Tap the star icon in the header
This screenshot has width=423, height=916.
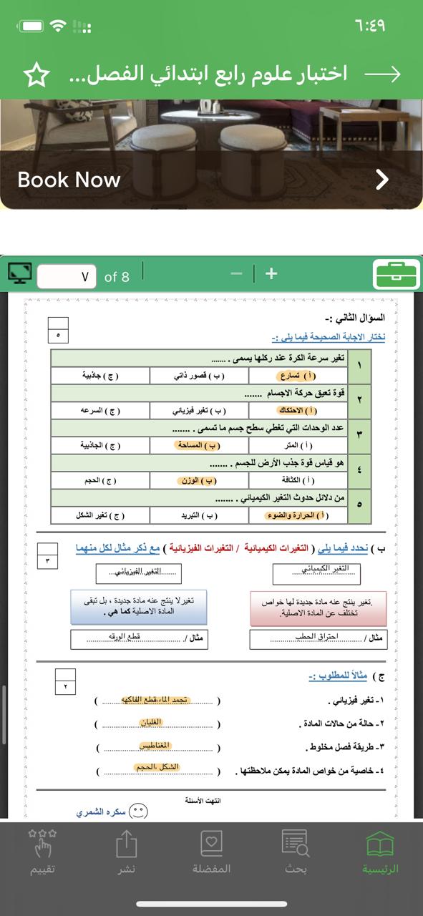36,75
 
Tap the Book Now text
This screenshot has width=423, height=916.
69,180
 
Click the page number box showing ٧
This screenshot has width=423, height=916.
66,276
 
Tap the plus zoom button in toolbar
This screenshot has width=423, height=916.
271,273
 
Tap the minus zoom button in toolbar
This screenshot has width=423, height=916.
237,273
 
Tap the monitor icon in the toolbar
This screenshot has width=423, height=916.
20,273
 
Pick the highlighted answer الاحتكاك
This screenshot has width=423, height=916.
297,411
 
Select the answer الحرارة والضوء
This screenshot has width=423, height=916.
297,515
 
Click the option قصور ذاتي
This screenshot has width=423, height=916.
199,375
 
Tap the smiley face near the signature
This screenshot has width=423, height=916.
138,812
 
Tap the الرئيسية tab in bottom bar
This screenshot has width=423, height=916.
379,852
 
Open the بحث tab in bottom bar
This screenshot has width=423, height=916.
295,852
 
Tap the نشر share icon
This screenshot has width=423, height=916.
127,852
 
